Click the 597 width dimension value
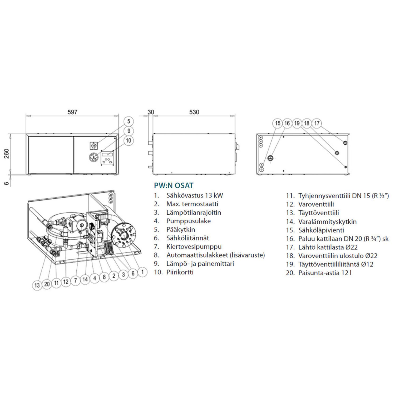pos(72,112)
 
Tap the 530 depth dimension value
pos(194,112)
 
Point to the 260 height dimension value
pos(7,154)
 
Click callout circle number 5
pos(129,121)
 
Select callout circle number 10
pos(129,141)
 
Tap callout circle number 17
pos(317,123)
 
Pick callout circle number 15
pos(278,123)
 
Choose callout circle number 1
pos(142,272)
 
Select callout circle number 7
pos(76,280)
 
